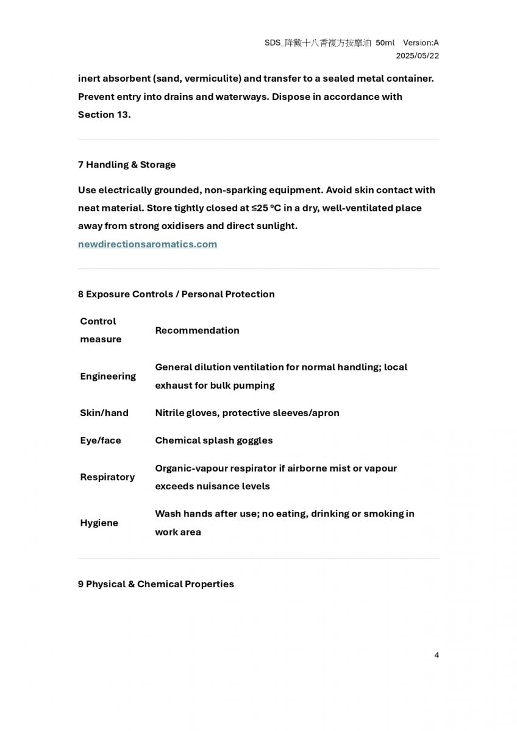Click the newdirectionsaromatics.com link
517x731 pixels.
pyautogui.click(x=148, y=244)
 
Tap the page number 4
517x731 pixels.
pyautogui.click(x=437, y=655)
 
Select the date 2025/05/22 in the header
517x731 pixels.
pyautogui.click(x=417, y=55)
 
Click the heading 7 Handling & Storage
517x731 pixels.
pyautogui.click(x=127, y=164)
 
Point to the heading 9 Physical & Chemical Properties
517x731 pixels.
pyautogui.click(x=156, y=584)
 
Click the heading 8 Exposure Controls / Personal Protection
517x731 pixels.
pyautogui.click(x=176, y=294)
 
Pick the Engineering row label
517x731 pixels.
pyautogui.click(x=108, y=376)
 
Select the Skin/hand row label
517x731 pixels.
pyautogui.click(x=104, y=413)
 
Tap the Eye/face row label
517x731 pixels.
pyautogui.click(x=101, y=440)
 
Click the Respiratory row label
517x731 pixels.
pyautogui.click(x=107, y=477)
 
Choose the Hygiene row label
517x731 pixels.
pyautogui.click(x=99, y=523)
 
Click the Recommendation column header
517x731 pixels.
pyautogui.click(x=197, y=330)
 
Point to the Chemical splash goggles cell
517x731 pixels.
pyautogui.click(x=214, y=440)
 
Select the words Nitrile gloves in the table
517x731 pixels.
pyautogui.click(x=187, y=413)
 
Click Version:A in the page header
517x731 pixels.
pyautogui.click(x=421, y=43)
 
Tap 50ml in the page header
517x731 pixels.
pyautogui.click(x=385, y=43)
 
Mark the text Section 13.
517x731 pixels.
pyautogui.click(x=104, y=115)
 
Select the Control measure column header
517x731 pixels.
pyautogui.click(x=101, y=330)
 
